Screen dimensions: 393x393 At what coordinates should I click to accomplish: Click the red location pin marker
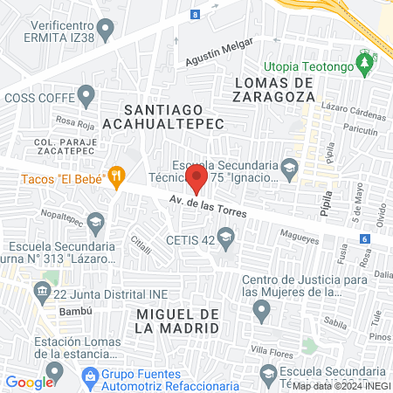point(196,180)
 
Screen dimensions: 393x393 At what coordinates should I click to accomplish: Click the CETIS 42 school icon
point(226,237)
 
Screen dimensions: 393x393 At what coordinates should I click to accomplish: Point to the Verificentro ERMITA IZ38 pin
point(107,31)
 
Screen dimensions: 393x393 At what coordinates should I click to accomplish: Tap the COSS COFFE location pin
point(86,93)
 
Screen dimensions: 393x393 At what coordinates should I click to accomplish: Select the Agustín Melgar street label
point(218,52)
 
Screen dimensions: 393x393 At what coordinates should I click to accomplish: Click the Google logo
point(29,382)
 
